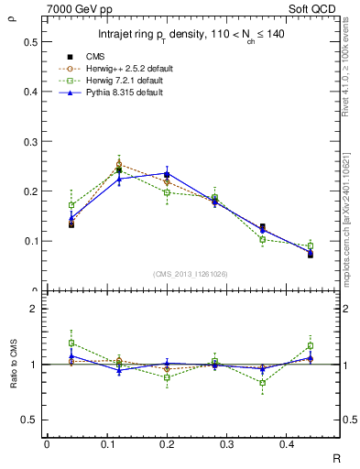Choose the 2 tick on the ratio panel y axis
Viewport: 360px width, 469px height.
click(x=34, y=309)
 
